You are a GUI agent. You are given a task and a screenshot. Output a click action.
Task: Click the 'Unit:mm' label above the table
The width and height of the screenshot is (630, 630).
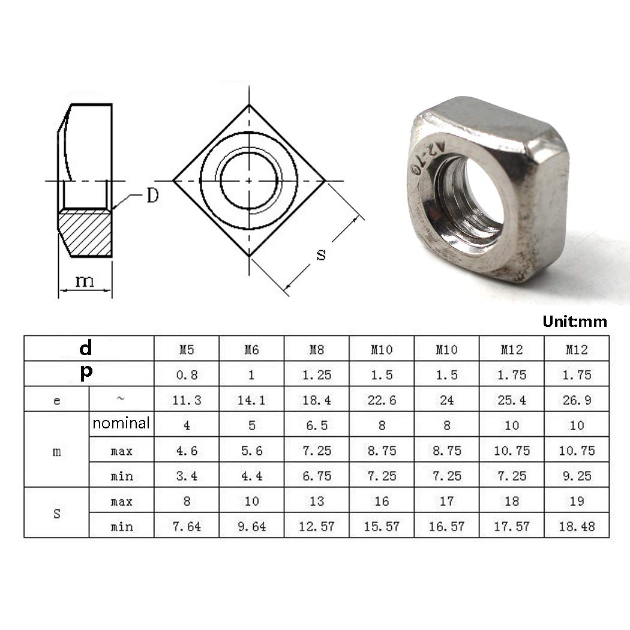pos(575,322)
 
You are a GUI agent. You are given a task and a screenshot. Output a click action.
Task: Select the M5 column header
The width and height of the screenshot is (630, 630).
pos(187,350)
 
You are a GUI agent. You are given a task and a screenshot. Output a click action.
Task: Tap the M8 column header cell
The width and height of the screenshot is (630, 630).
pos(317,350)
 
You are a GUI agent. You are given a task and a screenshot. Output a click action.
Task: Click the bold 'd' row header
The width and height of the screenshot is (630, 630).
pos(86,348)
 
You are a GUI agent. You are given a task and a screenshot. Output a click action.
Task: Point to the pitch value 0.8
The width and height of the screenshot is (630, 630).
pos(187,375)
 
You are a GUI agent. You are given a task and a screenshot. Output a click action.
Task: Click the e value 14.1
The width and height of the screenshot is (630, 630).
pos(251,400)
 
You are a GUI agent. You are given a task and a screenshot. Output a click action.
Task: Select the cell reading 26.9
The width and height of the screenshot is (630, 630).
pos(577,400)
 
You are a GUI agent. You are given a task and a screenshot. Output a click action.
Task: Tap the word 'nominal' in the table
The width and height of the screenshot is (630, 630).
pos(121,423)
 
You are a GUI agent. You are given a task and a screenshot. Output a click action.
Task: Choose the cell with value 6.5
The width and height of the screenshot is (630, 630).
pos(317,425)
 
